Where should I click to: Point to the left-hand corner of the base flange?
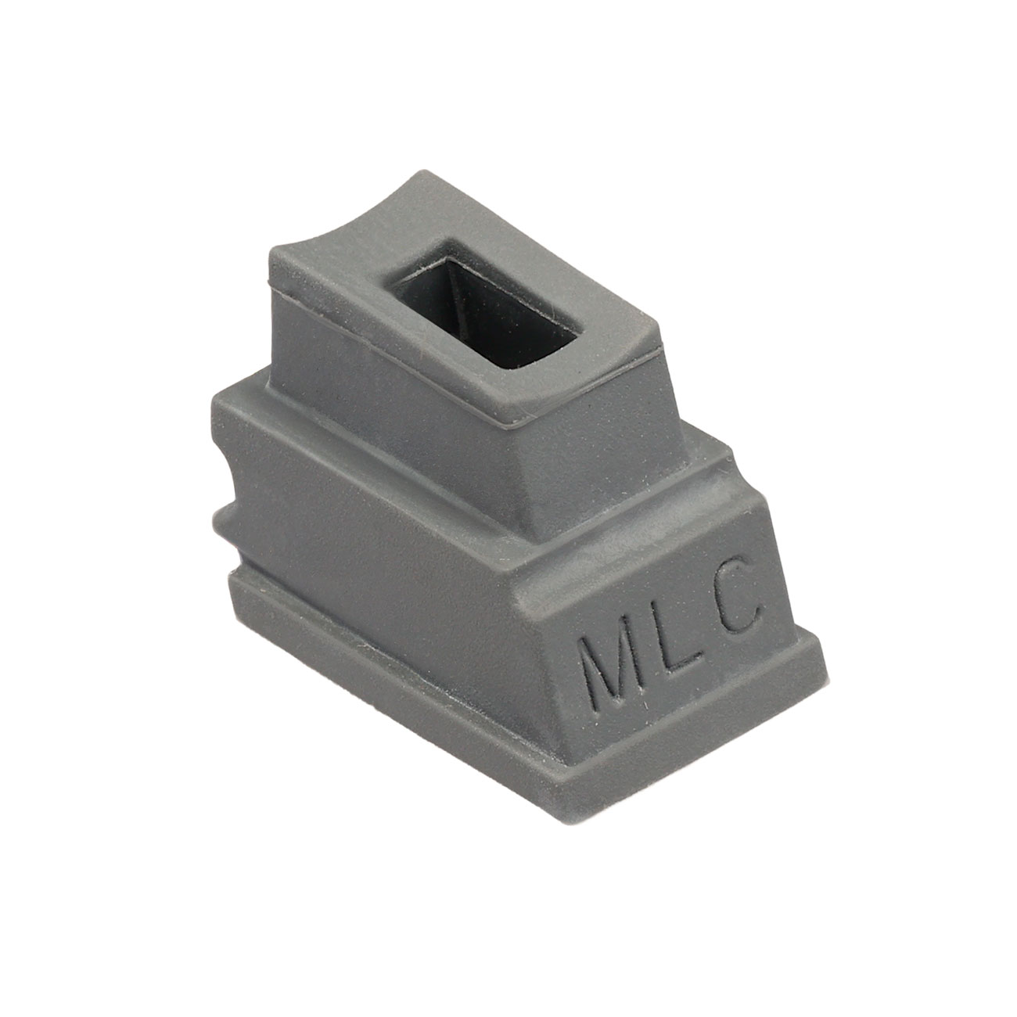(x=231, y=579)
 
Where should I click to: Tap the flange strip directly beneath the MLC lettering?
(x=704, y=728)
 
